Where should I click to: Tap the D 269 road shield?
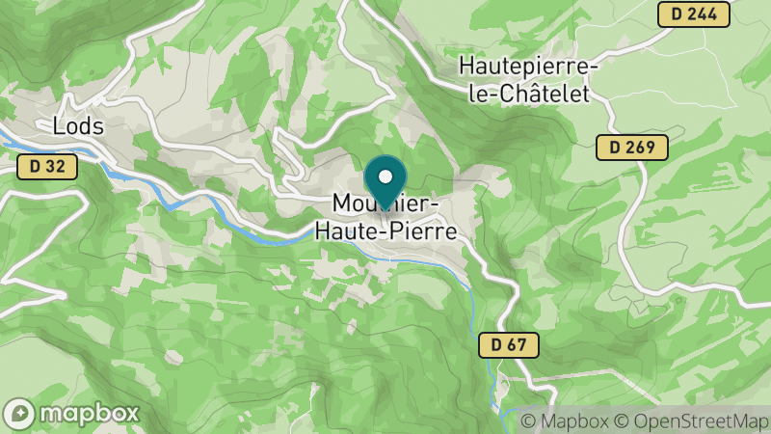[632, 148]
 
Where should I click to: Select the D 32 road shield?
[46, 167]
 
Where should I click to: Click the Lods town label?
[78, 125]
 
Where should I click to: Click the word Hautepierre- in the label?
[529, 68]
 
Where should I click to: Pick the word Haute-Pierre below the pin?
[385, 231]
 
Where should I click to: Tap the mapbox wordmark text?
[89, 413]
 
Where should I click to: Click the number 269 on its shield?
[641, 148]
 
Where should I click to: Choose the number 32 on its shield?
[55, 167]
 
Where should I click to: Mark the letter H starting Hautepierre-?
[466, 68]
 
